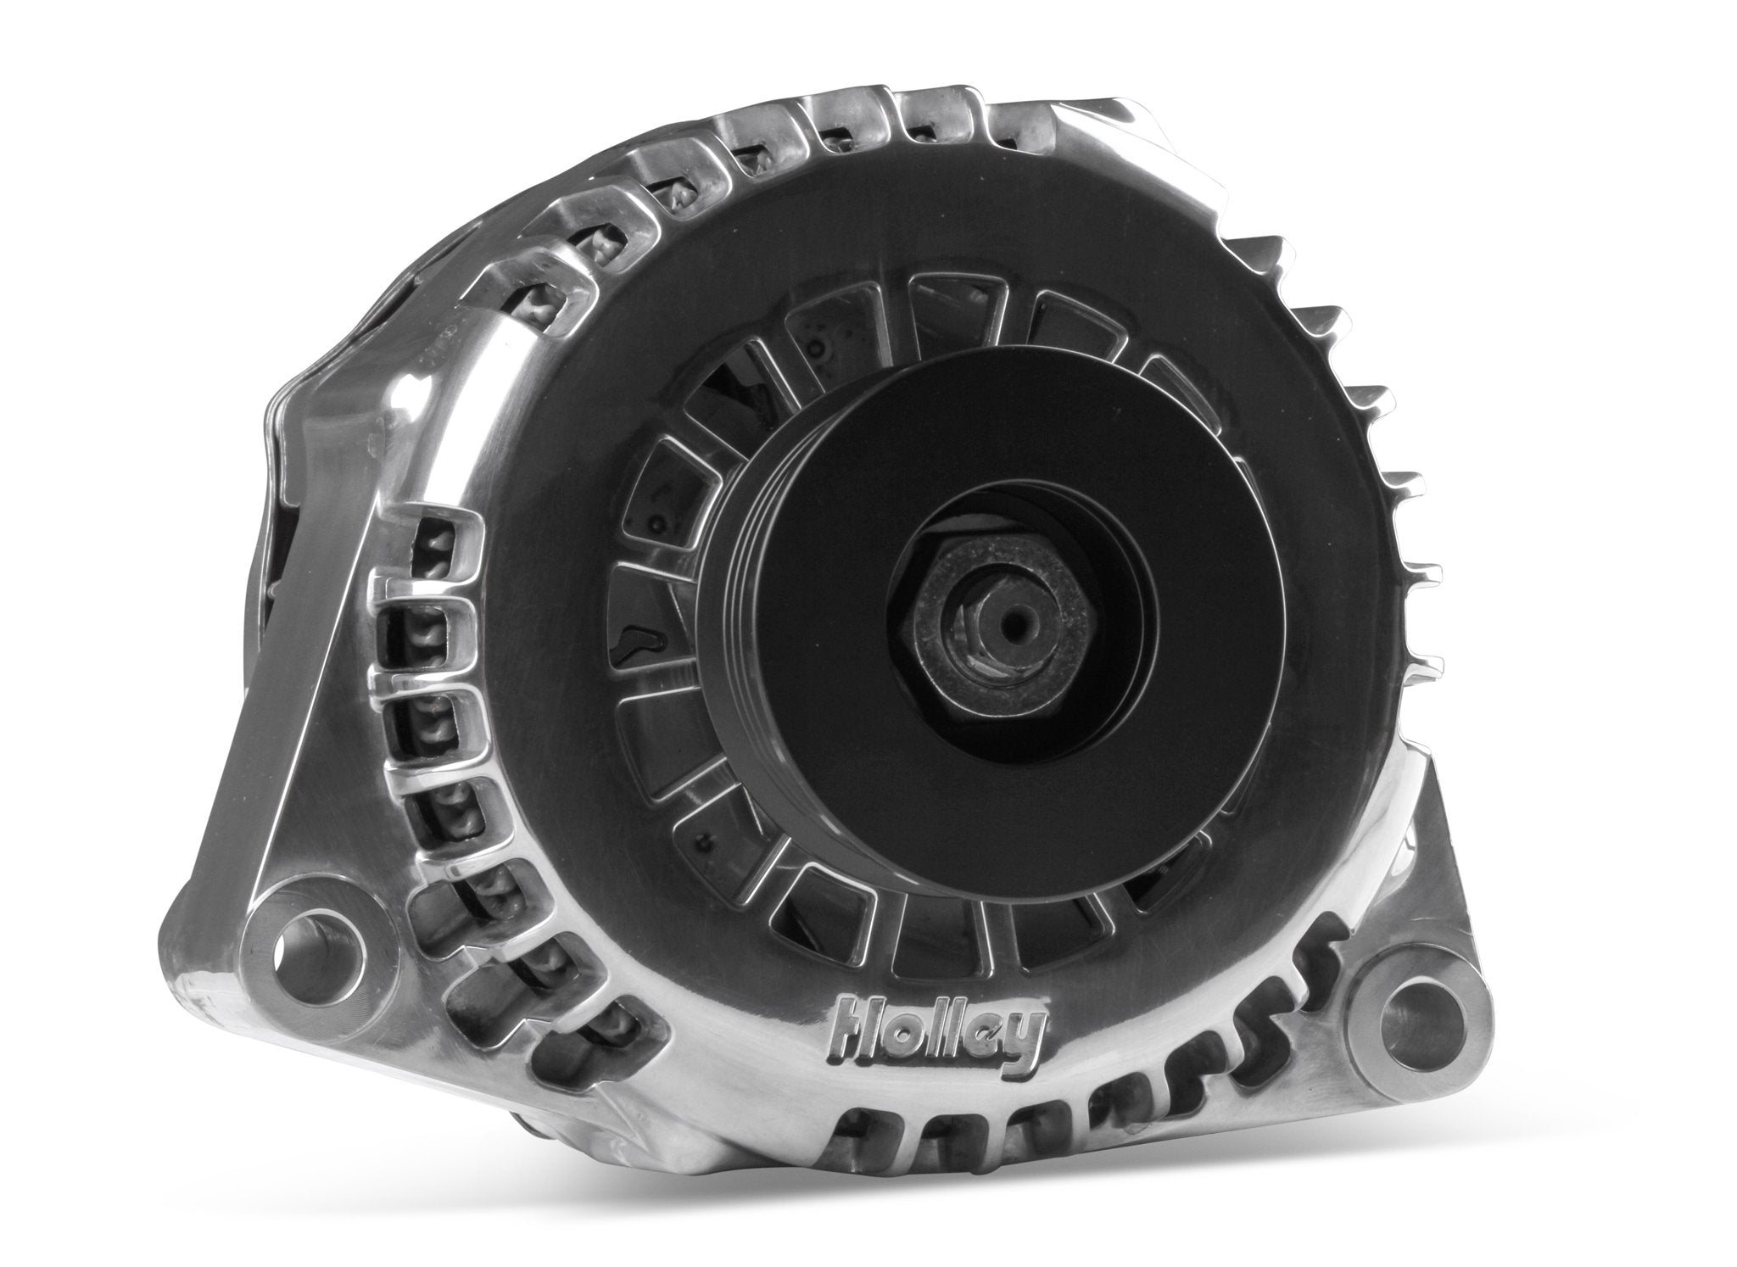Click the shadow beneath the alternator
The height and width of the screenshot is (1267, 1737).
pos(848,1221)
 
